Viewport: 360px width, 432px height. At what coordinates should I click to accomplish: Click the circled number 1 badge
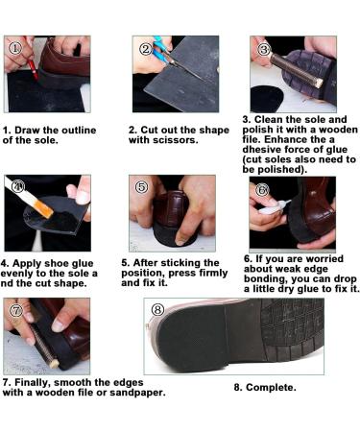click(15, 48)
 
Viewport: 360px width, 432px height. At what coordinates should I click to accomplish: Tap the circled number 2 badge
click(146, 49)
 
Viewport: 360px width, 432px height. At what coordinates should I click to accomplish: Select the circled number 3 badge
click(264, 50)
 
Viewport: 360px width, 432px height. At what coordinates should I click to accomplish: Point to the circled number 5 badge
click(142, 187)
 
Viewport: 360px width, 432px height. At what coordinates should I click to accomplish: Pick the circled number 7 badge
click(16, 310)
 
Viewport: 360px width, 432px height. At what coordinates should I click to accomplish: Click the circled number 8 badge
click(157, 309)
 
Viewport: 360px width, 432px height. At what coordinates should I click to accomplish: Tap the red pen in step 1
click(33, 69)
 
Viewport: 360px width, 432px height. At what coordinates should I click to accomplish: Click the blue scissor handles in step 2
click(160, 50)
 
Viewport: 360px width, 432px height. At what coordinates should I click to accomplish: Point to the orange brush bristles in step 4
click(43, 208)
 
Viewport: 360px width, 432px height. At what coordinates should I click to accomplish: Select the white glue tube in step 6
click(273, 208)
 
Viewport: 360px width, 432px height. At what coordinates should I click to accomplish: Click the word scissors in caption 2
click(176, 140)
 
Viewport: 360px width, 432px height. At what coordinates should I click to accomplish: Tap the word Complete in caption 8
click(271, 388)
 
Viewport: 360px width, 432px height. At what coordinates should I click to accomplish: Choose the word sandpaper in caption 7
click(137, 393)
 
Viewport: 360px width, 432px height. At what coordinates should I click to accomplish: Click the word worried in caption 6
click(323, 258)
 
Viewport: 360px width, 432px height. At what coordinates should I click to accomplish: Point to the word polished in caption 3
click(280, 170)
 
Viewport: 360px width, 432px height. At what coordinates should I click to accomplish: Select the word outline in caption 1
click(79, 131)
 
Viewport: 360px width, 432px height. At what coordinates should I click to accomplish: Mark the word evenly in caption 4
click(16, 274)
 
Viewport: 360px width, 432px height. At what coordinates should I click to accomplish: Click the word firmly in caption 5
click(213, 273)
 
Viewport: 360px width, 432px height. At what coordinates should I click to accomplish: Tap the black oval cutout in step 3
click(267, 99)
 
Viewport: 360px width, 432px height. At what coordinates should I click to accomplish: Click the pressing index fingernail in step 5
click(180, 242)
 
